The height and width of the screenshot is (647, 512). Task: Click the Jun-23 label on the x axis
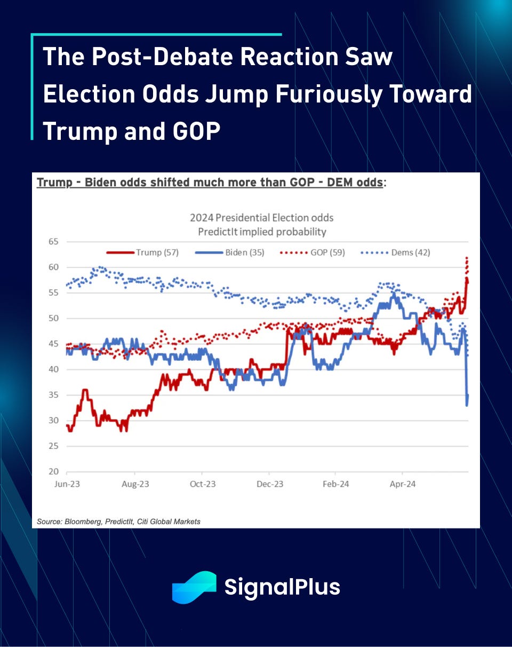(67, 484)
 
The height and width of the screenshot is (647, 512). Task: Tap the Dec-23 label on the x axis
(270, 484)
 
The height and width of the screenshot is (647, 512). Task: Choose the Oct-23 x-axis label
(203, 484)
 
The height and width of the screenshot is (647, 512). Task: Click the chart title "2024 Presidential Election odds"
(262, 218)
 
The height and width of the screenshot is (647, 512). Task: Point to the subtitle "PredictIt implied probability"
(262, 232)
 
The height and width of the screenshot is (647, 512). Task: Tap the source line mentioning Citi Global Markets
(118, 520)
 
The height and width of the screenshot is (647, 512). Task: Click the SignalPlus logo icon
(194, 587)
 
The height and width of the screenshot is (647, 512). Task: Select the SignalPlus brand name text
(282, 587)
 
